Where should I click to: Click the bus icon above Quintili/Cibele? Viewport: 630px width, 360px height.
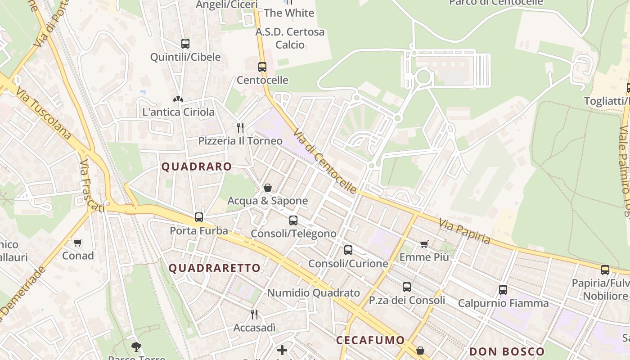point(185,44)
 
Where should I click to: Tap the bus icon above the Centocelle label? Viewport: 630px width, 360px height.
point(262,67)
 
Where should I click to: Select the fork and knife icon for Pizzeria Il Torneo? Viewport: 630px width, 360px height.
point(240,128)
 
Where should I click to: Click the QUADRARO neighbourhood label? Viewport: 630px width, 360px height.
point(197,166)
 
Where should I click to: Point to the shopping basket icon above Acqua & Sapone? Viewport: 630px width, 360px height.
point(268,188)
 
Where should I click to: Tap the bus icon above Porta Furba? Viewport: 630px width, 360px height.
point(199,217)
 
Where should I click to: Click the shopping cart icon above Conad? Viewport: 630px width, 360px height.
point(78,243)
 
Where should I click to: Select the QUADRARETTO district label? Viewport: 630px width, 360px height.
point(215,268)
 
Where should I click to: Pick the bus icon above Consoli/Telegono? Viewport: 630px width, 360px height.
point(293,220)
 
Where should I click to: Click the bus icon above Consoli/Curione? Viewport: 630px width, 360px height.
point(348,250)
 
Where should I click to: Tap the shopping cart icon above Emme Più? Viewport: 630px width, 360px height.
point(424,244)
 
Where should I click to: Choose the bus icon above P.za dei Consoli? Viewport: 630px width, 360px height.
point(407,287)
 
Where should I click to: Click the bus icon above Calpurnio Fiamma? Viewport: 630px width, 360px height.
point(503,290)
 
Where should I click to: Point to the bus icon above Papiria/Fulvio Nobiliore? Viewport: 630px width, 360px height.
point(605,270)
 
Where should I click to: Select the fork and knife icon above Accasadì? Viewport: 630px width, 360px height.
point(254,315)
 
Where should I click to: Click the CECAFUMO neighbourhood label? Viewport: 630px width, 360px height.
point(370,340)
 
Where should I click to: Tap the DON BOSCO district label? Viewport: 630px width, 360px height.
point(507,351)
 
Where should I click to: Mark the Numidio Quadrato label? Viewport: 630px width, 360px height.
point(314,293)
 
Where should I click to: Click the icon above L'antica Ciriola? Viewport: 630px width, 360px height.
point(178,99)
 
